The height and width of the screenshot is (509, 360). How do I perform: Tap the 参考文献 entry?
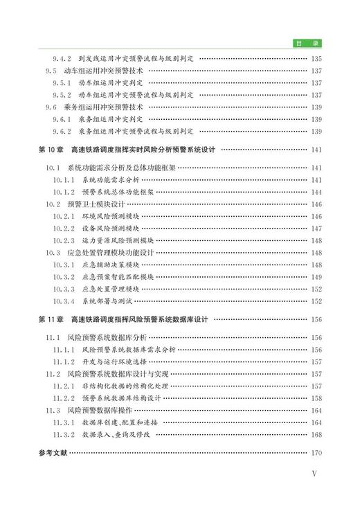click(53, 454)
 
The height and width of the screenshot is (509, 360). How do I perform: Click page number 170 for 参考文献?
click(317, 454)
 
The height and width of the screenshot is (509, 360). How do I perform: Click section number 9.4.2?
click(63, 58)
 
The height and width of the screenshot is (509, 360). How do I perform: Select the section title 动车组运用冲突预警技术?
click(105, 71)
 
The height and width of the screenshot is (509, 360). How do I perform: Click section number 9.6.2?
click(63, 131)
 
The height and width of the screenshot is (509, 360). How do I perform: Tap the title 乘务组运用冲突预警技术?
click(105, 107)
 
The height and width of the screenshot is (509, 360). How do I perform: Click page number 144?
click(317, 192)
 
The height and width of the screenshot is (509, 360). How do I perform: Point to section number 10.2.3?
click(64, 240)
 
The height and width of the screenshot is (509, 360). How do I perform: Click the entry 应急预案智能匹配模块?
click(118, 276)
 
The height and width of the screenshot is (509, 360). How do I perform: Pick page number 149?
click(317, 276)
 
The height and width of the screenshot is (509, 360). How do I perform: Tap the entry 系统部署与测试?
click(105, 301)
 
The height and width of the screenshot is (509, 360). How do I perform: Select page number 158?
click(317, 398)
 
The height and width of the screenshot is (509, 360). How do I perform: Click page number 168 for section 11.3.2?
click(317, 434)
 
